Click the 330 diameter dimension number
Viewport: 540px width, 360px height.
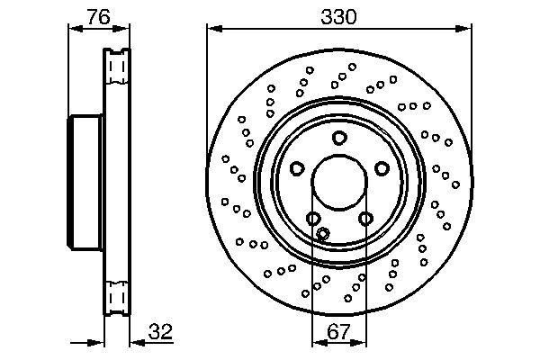[338, 17]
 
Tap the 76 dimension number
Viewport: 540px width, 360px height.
[98, 17]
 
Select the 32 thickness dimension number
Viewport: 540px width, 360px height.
[160, 331]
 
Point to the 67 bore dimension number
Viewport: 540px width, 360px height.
[338, 331]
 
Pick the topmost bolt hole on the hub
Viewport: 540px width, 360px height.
[339, 138]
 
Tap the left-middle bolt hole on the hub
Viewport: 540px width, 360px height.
[297, 168]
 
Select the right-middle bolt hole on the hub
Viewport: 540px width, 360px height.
[382, 168]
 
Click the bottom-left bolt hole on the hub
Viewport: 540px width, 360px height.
[313, 218]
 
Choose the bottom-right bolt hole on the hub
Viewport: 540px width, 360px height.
[365, 218]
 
